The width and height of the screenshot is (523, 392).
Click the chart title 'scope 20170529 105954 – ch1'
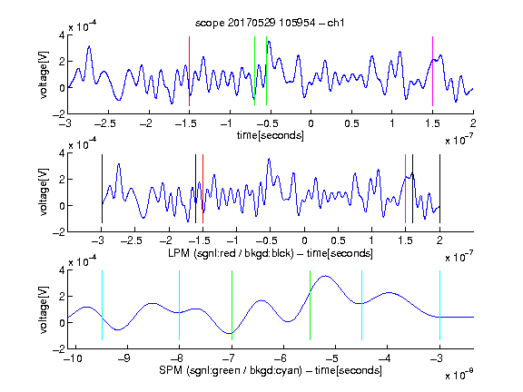click(x=270, y=23)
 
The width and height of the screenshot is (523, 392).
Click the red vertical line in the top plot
click(x=189, y=72)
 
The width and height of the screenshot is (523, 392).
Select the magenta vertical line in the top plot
click(x=432, y=72)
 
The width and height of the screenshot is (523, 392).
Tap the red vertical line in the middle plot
click(x=202, y=189)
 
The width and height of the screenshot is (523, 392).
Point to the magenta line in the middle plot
click(x=405, y=189)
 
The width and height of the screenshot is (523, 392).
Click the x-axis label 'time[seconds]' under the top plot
click(x=271, y=135)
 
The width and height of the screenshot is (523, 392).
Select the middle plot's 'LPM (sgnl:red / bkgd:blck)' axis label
click(x=231, y=253)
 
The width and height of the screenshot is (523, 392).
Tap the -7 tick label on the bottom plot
click(x=230, y=358)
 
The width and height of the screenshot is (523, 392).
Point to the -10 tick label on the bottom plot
click(x=73, y=358)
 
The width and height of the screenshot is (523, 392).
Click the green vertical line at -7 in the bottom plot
click(x=232, y=305)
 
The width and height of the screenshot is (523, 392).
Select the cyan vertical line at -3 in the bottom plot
click(x=439, y=305)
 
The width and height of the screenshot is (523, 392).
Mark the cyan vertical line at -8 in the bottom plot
click(x=180, y=305)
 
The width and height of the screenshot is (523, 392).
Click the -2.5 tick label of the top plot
click(x=105, y=123)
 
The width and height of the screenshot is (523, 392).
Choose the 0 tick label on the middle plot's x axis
click(x=304, y=240)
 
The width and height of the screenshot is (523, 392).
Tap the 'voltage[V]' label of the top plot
click(x=44, y=74)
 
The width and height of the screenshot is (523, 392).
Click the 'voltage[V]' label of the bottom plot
click(x=44, y=309)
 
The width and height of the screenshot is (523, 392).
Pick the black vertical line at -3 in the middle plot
click(x=102, y=189)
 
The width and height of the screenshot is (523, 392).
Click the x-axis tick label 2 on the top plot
click(x=473, y=123)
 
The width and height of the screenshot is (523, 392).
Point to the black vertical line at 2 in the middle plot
click(x=439, y=189)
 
